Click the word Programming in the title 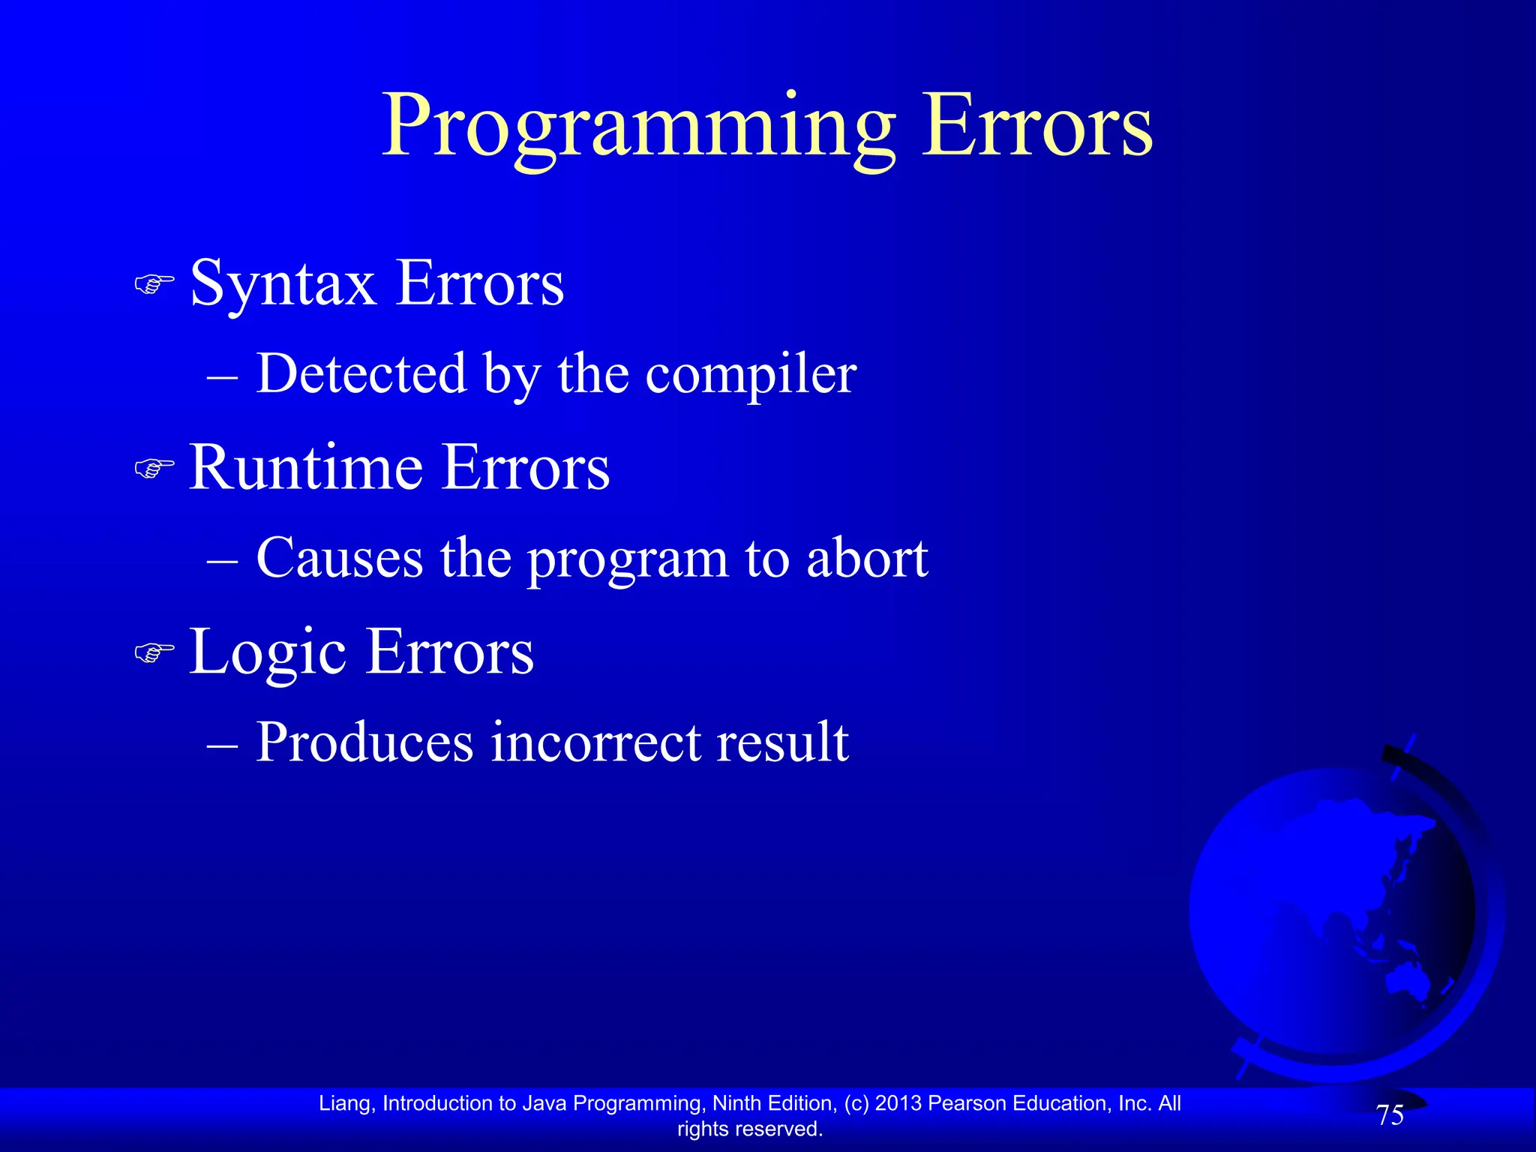tap(637, 127)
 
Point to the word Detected tap(361, 373)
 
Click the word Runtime tap(306, 469)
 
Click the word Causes tap(339, 559)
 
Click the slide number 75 tap(1390, 1115)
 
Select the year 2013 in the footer tap(898, 1103)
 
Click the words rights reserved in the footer tap(750, 1129)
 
